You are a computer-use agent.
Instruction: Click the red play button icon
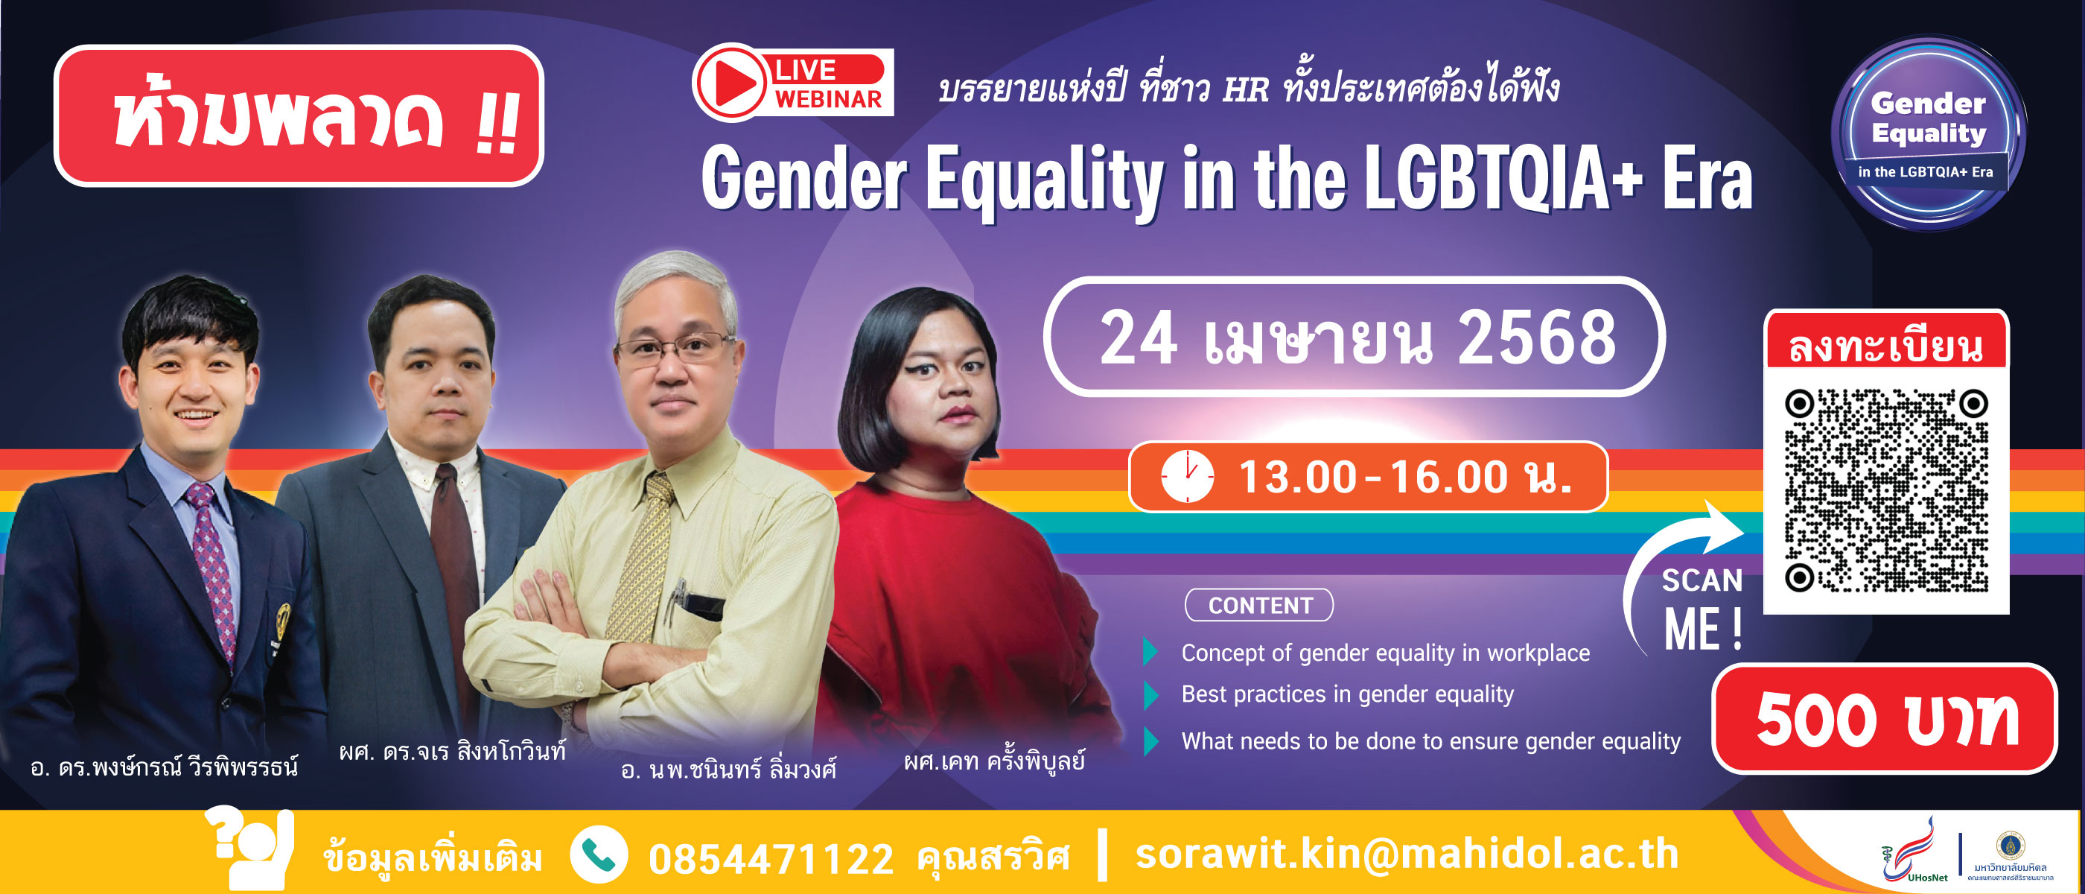(x=731, y=83)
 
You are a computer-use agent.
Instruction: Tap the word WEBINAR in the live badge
(x=828, y=99)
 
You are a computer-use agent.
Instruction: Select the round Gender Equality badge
(x=1929, y=132)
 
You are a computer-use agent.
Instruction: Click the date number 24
(x=1138, y=337)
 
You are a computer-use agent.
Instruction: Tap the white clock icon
(x=1188, y=476)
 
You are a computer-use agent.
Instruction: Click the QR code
(x=1886, y=491)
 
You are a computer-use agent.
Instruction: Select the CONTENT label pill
(x=1259, y=605)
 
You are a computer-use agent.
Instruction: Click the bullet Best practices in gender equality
(x=1347, y=694)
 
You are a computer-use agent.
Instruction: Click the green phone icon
(x=599, y=855)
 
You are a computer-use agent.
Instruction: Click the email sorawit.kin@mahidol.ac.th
(x=1407, y=855)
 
